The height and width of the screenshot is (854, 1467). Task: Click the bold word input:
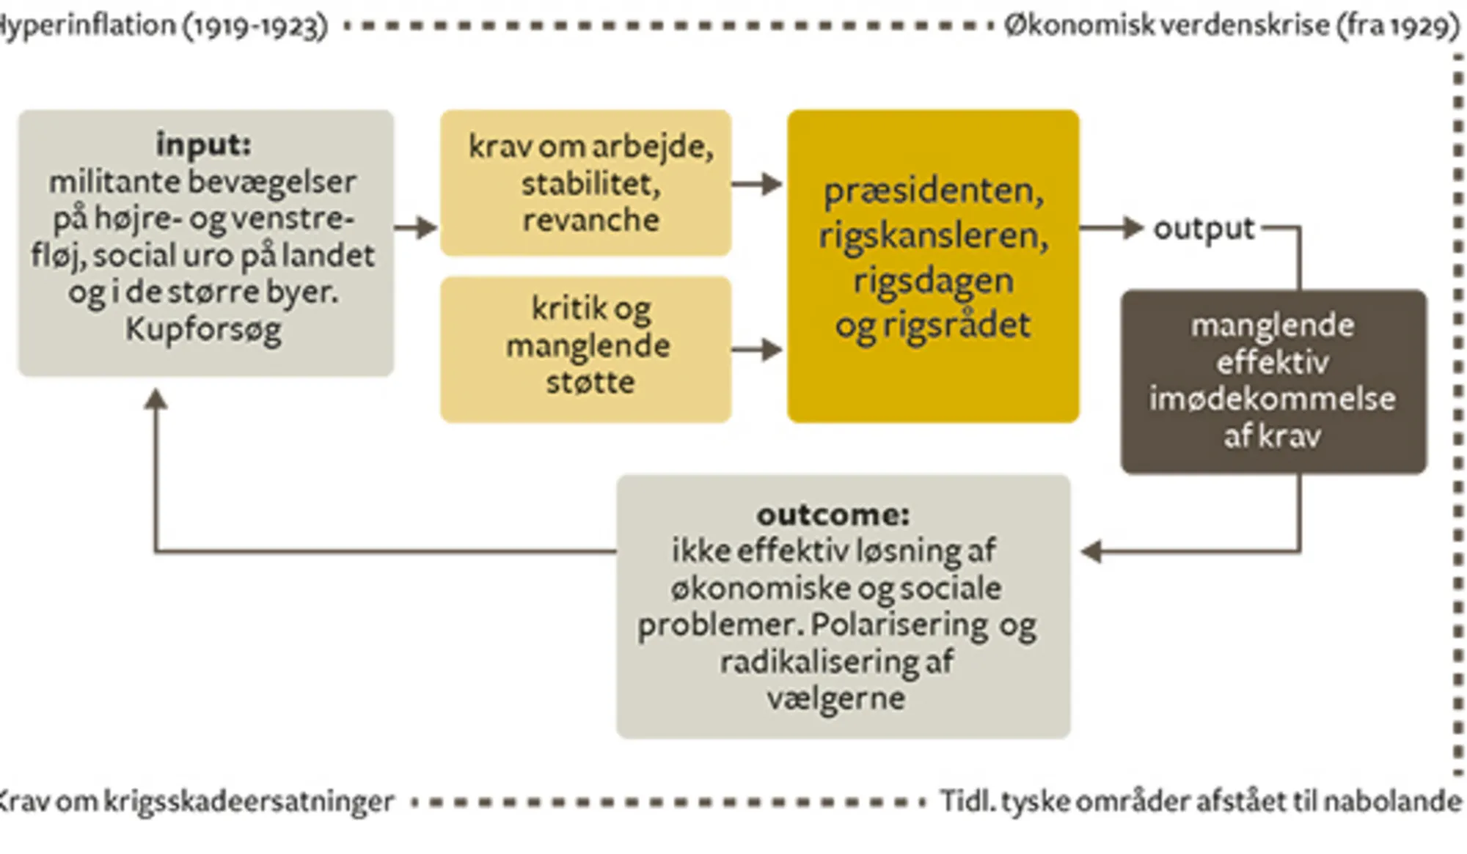(x=203, y=144)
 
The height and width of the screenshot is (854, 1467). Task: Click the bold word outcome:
(x=833, y=515)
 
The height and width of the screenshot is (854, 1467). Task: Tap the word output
(x=1204, y=229)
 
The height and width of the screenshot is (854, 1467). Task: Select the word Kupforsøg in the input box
(x=203, y=329)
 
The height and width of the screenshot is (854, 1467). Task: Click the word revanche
(x=590, y=220)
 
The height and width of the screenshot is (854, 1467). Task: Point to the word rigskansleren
(x=933, y=236)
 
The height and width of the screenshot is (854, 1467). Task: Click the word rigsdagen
(x=933, y=281)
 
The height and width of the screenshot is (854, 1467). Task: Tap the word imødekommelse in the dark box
(x=1272, y=399)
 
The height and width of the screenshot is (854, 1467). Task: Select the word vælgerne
(x=835, y=698)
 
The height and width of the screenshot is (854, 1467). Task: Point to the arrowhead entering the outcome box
(x=1091, y=551)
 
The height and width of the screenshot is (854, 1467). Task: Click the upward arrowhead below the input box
(x=156, y=400)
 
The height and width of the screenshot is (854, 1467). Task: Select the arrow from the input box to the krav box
(x=416, y=227)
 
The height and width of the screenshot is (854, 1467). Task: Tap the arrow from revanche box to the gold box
(x=758, y=183)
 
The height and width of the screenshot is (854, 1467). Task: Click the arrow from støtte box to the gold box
(x=758, y=350)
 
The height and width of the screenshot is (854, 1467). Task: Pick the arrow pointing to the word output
(x=1112, y=228)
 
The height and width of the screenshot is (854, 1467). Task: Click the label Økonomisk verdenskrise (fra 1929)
(x=1232, y=26)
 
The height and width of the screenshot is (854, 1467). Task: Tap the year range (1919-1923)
(x=255, y=26)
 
